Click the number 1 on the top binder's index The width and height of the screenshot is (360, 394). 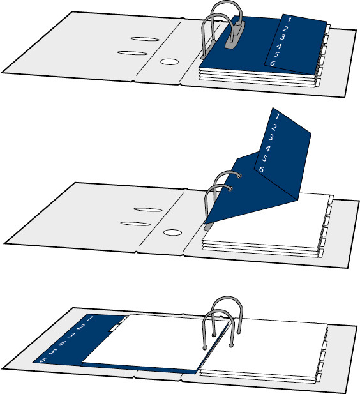click(289, 20)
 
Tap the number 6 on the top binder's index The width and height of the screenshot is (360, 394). click(273, 63)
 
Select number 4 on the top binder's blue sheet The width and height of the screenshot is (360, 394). click(279, 46)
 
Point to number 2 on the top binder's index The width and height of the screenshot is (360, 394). click(285, 29)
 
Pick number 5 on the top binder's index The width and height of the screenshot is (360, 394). click(276, 54)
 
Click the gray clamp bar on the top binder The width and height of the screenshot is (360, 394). click(235, 35)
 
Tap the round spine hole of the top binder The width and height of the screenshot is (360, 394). click(169, 62)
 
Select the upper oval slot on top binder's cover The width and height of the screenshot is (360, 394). click(145, 39)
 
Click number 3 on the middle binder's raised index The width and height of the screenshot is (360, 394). click(271, 137)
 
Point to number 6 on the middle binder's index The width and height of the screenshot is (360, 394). click(262, 169)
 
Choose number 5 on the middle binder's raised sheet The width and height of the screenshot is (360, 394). click(264, 158)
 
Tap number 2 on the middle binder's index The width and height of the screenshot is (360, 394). click(274, 127)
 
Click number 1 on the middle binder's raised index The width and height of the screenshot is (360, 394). click(278, 116)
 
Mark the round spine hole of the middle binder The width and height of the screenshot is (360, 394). click(172, 232)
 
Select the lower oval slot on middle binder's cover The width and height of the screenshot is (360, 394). click(135, 224)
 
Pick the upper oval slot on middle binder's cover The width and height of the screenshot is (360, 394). click(148, 209)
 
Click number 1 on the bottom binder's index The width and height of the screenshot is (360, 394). click(90, 319)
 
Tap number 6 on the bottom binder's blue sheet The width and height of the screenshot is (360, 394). click(43, 360)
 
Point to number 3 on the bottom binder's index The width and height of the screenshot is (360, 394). click(71, 335)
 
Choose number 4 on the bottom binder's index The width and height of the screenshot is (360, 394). click(62, 344)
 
